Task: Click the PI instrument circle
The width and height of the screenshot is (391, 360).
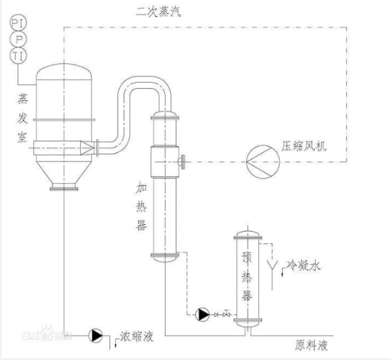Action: click(18, 22)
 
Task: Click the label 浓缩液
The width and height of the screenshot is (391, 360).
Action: click(136, 337)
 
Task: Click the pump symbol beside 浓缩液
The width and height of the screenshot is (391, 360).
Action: click(96, 335)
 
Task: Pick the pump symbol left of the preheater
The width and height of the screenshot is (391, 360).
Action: click(203, 314)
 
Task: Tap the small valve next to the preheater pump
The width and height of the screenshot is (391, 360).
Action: click(225, 314)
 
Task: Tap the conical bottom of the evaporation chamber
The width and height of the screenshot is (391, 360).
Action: click(65, 173)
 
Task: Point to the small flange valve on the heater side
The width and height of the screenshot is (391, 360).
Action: click(183, 159)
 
